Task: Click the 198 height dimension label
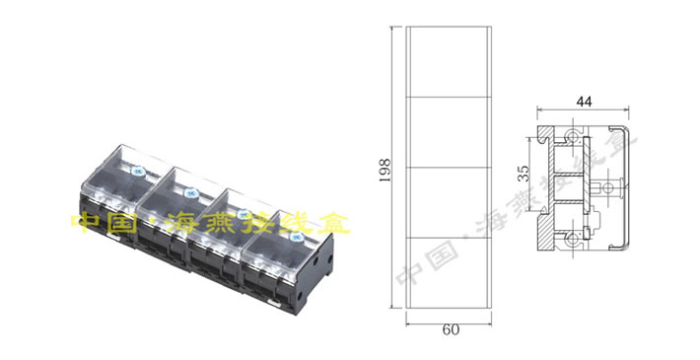coord(385,170)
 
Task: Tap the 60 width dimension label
coord(451,330)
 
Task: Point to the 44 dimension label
coord(584,102)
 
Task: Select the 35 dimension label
coord(524,174)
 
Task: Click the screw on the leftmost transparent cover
coord(137,171)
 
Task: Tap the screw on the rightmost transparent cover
coord(295,237)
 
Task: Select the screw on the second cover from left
coord(190,192)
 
